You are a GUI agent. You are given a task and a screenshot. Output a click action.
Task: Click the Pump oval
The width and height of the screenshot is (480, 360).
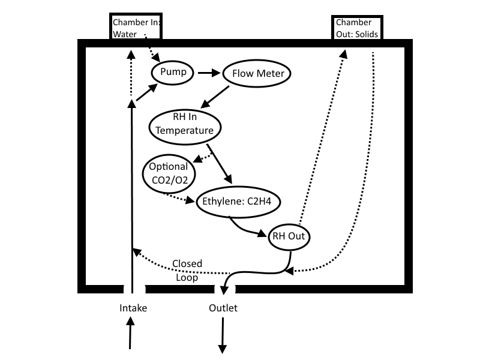pos(173,73)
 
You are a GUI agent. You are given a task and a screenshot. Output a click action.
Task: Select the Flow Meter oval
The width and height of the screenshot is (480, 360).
pos(257,74)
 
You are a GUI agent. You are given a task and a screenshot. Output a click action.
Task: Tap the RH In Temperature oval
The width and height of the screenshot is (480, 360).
pos(185,124)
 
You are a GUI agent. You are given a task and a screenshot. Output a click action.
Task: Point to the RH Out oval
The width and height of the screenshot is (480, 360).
pos(289,236)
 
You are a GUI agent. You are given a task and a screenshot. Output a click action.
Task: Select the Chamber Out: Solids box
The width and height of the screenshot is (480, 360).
pos(357,27)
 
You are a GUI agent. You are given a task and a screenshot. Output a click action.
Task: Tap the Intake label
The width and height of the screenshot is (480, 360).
pos(133,308)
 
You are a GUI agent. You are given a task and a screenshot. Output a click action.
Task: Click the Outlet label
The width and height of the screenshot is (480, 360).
pos(223,308)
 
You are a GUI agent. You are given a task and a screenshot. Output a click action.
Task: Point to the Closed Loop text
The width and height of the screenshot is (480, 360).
pos(187,271)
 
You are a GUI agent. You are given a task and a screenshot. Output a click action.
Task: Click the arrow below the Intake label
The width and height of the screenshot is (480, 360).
pos(130,333)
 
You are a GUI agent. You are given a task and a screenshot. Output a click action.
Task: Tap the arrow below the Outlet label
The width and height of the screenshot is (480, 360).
pos(223,336)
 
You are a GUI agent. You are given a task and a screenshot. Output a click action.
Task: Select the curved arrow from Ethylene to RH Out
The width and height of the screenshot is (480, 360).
pos(249,230)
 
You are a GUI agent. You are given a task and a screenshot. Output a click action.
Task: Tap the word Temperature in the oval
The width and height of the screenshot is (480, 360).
pos(185,130)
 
